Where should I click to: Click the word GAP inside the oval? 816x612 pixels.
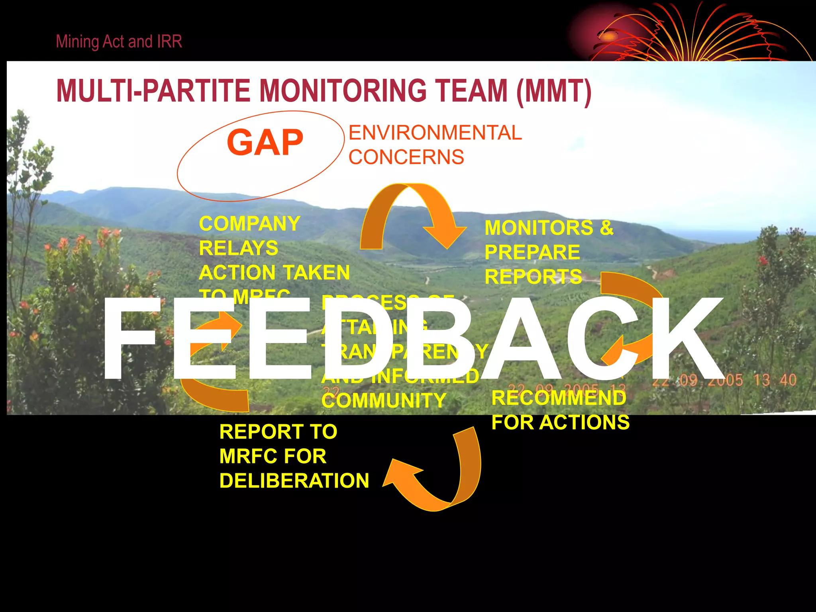click(x=265, y=143)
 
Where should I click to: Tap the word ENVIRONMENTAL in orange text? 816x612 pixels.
click(x=435, y=133)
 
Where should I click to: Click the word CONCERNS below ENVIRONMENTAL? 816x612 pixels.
click(x=406, y=157)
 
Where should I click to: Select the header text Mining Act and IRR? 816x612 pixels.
click(x=119, y=41)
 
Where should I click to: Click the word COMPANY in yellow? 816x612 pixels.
click(x=249, y=224)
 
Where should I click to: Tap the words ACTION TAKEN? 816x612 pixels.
click(x=274, y=273)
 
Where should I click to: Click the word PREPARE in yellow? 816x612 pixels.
click(x=532, y=252)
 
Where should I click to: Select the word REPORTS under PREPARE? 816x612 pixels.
click(x=533, y=277)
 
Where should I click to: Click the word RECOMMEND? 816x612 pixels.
click(x=559, y=398)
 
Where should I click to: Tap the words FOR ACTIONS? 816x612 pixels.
click(x=560, y=422)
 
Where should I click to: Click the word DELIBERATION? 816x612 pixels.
click(x=294, y=481)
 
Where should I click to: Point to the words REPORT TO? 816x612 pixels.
click(x=278, y=432)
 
